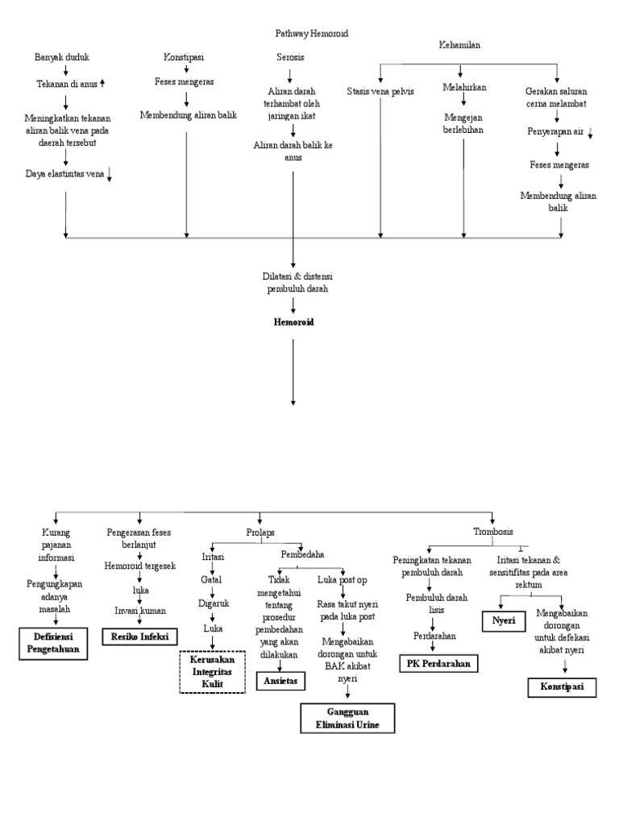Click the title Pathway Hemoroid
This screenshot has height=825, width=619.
313,33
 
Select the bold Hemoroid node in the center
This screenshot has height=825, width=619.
293,321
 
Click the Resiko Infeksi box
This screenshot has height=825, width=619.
139,636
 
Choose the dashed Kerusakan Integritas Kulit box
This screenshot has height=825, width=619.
211,672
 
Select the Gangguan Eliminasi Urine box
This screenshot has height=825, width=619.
348,717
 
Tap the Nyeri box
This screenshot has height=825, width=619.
498,621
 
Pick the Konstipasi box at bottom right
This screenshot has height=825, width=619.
562,687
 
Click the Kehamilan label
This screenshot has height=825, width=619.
460,45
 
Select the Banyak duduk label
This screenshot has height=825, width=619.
61,57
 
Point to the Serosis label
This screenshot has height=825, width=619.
290,58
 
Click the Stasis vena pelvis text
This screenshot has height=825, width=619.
380,91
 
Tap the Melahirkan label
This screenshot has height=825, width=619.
463,86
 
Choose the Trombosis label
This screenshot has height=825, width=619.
492,531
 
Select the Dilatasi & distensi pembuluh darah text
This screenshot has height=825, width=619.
293,282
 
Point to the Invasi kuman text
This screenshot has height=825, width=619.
140,611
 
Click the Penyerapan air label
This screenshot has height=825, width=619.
556,131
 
